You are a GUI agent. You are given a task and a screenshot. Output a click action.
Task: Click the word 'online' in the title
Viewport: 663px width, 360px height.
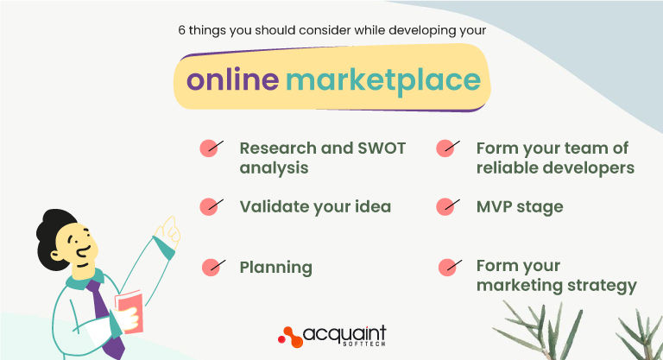[232, 79]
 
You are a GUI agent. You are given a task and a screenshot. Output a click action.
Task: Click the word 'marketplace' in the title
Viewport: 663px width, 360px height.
[383, 79]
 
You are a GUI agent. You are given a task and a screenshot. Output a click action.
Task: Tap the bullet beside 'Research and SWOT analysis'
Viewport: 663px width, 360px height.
[209, 148]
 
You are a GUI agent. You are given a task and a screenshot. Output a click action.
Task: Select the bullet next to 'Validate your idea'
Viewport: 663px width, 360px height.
[209, 206]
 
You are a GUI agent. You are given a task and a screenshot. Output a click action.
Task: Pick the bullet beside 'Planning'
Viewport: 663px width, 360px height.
[211, 267]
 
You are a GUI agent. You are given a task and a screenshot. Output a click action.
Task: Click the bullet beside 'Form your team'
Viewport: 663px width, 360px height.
[445, 148]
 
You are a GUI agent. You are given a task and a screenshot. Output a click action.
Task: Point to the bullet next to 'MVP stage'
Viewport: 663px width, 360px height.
[445, 206]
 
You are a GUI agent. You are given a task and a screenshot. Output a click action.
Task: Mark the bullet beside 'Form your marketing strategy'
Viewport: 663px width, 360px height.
[447, 267]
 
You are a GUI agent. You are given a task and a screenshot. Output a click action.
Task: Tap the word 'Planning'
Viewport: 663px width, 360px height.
[275, 268]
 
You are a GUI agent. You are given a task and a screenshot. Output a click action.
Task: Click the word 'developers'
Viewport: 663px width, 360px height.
[587, 167]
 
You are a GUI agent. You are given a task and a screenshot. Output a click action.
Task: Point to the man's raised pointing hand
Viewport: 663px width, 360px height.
[167, 229]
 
